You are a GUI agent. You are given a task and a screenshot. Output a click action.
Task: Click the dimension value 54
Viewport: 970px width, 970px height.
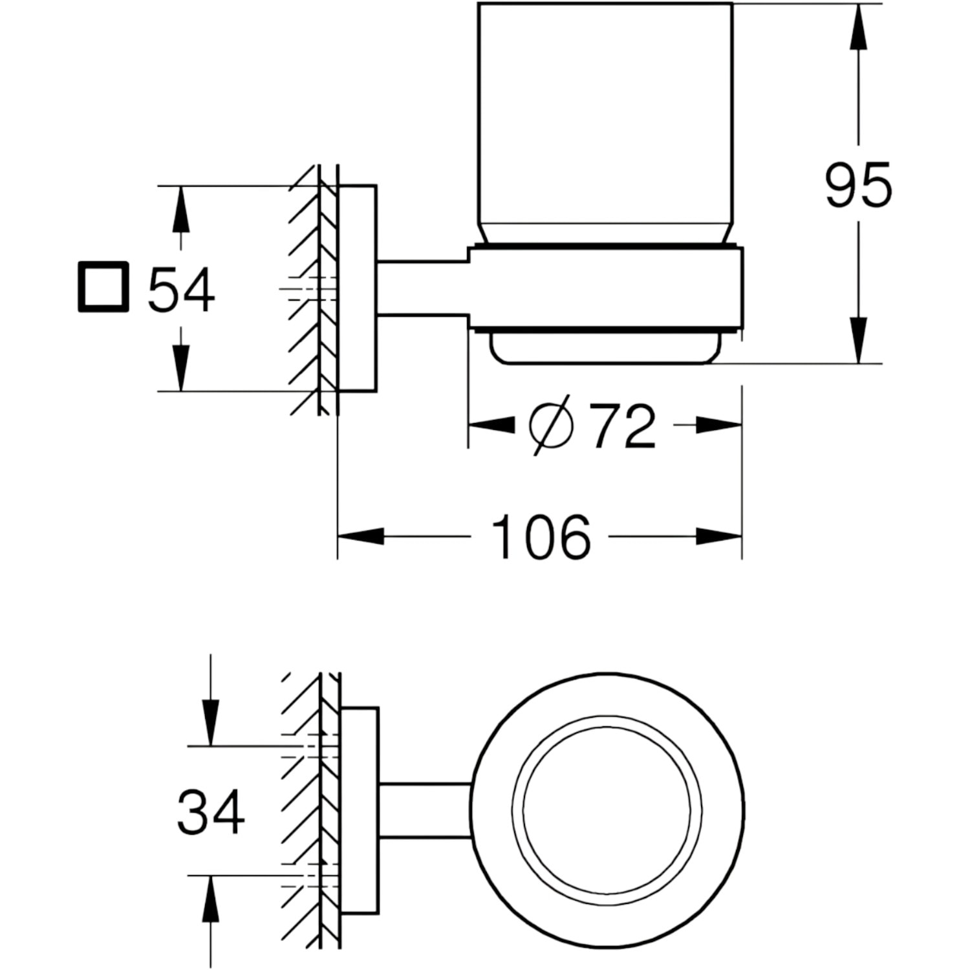tap(181, 290)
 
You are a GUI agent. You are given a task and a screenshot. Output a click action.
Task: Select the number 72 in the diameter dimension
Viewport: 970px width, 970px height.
tap(624, 427)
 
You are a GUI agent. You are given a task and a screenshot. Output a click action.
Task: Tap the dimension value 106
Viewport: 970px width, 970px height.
tap(541, 537)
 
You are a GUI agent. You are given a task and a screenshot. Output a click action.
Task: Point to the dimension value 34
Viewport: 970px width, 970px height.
tap(211, 811)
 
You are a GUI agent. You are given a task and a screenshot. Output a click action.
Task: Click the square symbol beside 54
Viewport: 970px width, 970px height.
tap(103, 286)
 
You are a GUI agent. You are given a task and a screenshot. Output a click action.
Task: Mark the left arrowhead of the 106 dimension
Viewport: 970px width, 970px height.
tap(361, 536)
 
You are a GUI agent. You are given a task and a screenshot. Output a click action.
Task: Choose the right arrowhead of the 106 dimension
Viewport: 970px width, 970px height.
tap(718, 536)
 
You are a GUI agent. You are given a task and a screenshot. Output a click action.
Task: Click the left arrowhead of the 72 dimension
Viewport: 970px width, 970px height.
tap(491, 425)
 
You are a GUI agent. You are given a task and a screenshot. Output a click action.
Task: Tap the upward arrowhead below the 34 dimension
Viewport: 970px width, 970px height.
tap(211, 900)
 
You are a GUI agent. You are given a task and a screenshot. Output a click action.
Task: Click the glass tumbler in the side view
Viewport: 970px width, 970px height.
tap(605, 123)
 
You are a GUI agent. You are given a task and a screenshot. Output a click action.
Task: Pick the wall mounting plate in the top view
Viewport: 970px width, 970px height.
tap(360, 811)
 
